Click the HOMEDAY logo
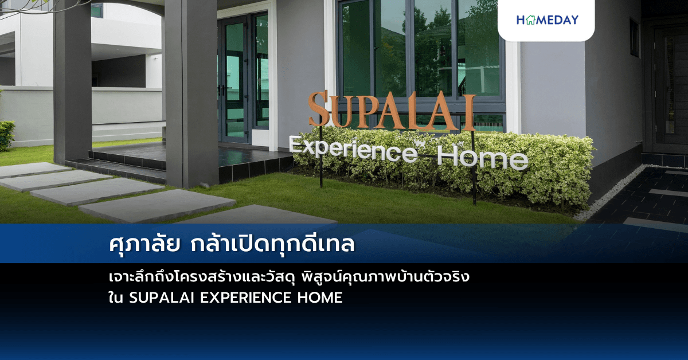(547, 20)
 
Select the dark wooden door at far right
(671, 86)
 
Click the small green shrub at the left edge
(6, 135)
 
